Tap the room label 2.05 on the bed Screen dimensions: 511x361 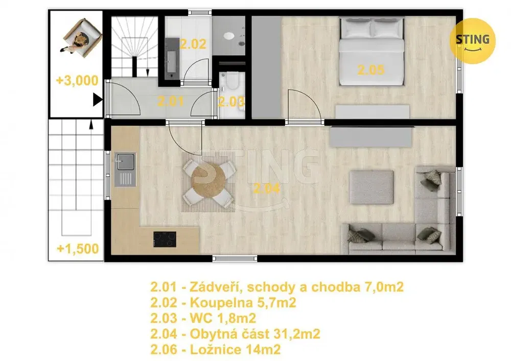tap(371, 70)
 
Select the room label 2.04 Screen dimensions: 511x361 tap(266, 188)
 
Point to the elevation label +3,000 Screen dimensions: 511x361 tap(77, 80)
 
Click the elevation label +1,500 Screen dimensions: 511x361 tap(78, 249)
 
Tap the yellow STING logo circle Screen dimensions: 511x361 tap(472, 41)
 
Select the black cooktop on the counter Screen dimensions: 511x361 tap(165, 239)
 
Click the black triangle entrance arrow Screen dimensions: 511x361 tap(98, 100)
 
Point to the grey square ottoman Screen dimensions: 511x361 tap(371, 187)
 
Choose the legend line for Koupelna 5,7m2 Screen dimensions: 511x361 tap(223, 303)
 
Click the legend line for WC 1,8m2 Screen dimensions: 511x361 tap(203, 318)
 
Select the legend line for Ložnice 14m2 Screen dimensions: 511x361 tap(216, 350)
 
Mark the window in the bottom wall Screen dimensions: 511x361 tap(235, 259)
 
